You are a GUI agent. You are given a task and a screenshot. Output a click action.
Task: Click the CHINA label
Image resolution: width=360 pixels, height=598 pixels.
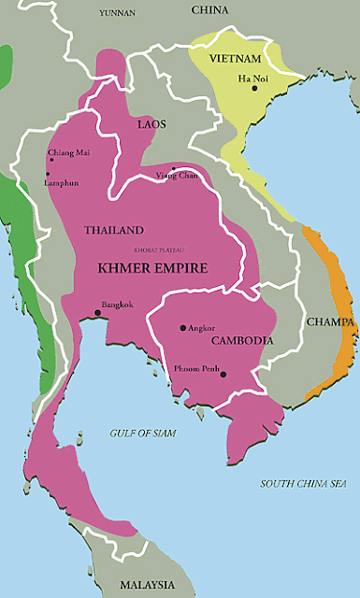[209, 10]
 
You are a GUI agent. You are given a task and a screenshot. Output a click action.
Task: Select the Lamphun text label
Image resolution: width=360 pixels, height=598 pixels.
[65, 182]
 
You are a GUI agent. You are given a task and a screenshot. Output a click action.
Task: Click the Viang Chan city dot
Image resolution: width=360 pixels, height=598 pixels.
[172, 169]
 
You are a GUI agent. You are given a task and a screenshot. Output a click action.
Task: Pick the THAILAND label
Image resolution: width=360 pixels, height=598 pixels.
[113, 230]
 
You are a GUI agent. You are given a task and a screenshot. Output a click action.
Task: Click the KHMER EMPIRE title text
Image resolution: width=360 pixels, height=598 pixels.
[153, 267]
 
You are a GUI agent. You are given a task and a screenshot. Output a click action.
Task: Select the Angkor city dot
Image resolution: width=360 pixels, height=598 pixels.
[182, 329]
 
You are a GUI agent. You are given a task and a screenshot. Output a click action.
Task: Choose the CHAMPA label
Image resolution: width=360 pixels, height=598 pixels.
[331, 322]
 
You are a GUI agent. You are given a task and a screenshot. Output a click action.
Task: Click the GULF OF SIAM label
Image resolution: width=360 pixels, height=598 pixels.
[142, 433]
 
